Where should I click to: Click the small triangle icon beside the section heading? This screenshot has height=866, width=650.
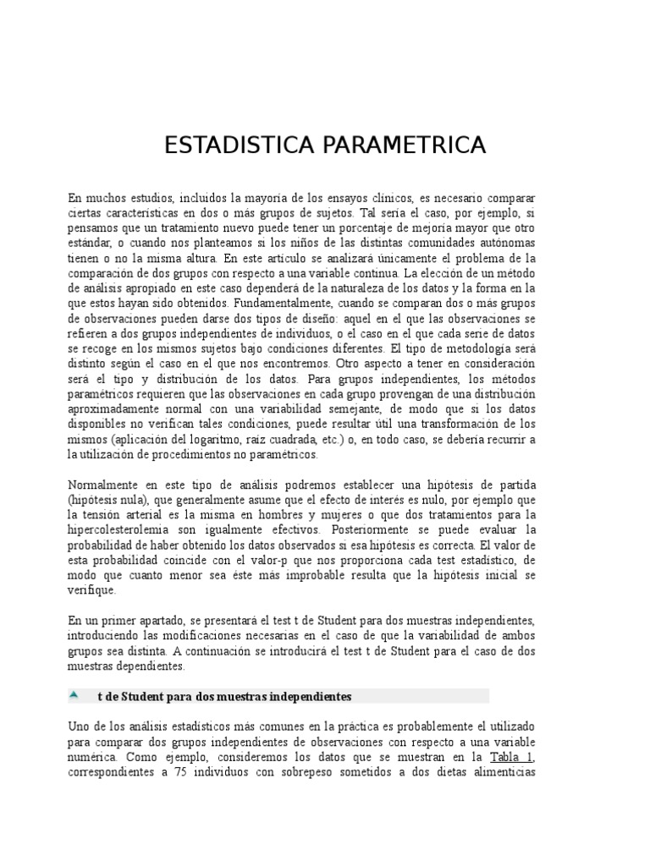[x=74, y=694]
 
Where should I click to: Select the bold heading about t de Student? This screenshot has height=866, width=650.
[x=223, y=696]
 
